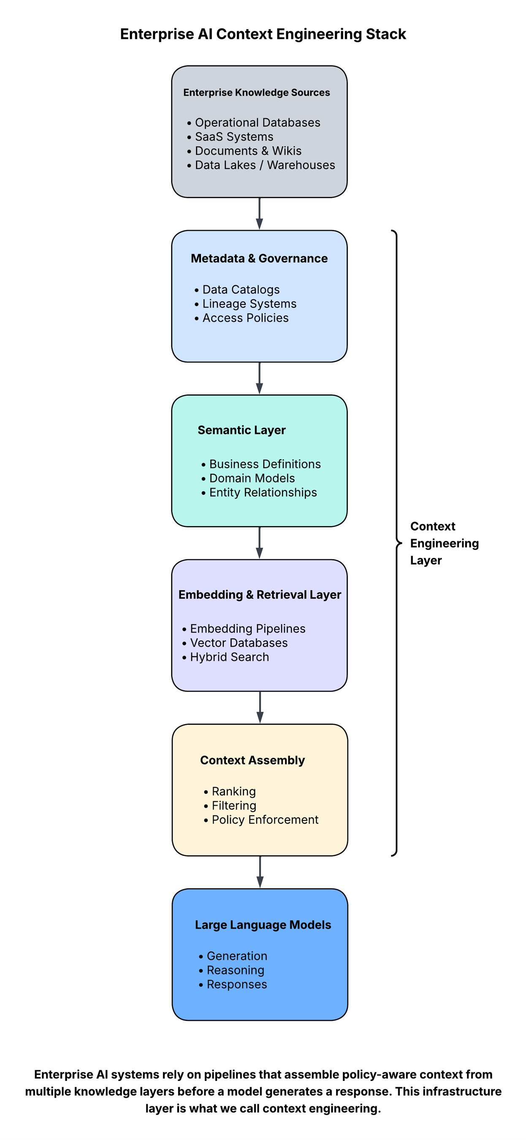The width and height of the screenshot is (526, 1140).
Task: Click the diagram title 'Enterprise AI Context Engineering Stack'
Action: [263, 34]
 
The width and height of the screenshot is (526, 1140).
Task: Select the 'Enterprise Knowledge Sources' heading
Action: [257, 92]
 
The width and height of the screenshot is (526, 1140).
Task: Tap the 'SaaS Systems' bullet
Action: [233, 137]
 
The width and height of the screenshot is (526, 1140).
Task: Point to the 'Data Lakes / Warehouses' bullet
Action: [265, 165]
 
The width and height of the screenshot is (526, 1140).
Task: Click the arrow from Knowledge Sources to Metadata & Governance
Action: [260, 214]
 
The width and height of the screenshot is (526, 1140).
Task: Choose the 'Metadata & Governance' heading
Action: [259, 258]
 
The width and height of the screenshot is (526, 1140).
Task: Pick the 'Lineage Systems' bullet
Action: [249, 304]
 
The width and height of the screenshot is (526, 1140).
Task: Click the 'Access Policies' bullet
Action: [245, 318]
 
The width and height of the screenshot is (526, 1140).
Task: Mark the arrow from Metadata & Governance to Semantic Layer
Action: [260, 378]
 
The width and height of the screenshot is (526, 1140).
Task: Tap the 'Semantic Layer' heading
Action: [241, 430]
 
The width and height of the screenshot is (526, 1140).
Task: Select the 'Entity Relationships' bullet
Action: [263, 493]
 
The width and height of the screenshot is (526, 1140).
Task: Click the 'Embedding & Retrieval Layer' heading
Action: [260, 595]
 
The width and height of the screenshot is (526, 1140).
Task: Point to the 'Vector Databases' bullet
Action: [239, 643]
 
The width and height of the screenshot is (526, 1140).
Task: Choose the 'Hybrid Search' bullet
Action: [229, 657]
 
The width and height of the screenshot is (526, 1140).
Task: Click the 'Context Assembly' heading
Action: [252, 760]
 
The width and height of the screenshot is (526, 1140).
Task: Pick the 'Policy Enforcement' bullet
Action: [265, 820]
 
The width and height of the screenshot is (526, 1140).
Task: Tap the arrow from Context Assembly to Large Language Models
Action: [260, 872]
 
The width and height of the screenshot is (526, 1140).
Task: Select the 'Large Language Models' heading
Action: [263, 925]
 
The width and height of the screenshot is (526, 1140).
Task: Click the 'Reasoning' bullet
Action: [236, 971]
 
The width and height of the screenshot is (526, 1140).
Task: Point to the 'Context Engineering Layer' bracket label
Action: [444, 543]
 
